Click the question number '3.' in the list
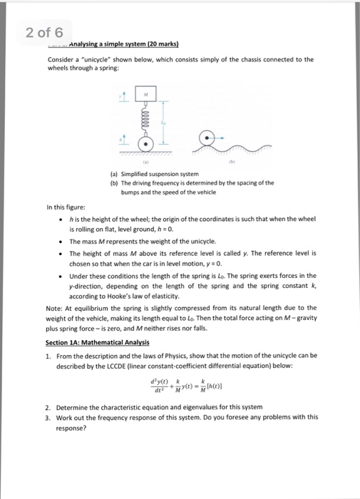tap(47, 417)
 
